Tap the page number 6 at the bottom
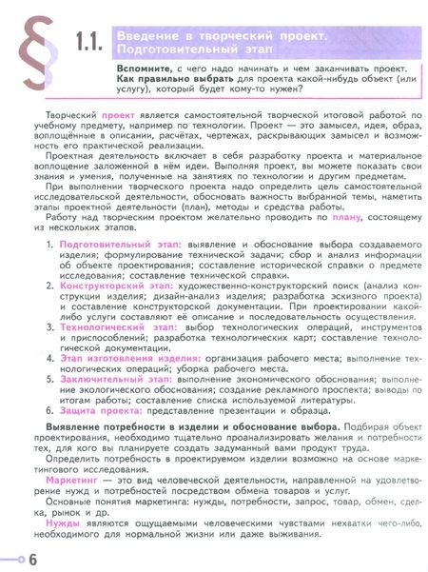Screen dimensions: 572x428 32,556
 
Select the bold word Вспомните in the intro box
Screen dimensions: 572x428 143,69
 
